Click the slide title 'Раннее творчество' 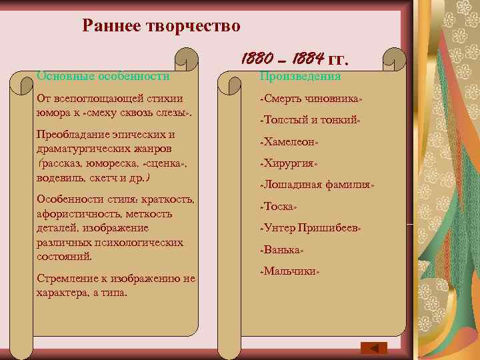161,26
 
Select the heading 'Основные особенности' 103,76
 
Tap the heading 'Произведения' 300,76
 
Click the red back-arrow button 374,347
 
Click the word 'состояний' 63,256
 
